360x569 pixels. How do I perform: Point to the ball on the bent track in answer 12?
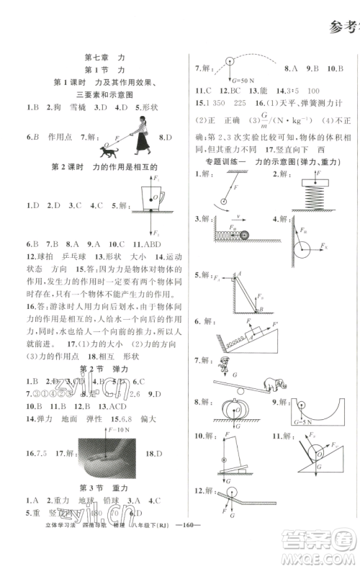pos(229,512)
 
